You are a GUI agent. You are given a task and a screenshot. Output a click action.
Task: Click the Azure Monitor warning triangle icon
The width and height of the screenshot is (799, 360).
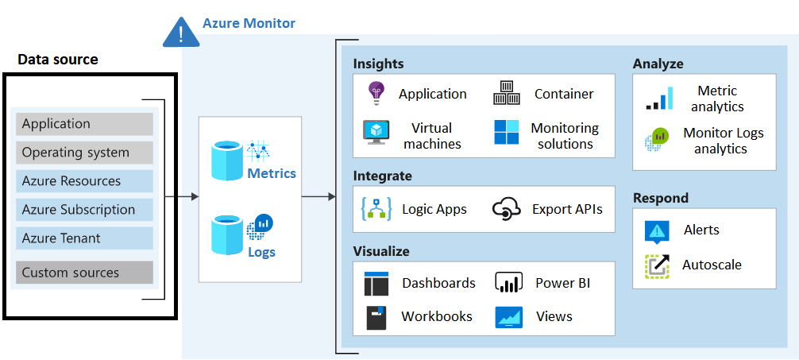(181, 31)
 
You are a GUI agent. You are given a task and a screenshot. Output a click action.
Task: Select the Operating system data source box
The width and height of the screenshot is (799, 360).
(84, 153)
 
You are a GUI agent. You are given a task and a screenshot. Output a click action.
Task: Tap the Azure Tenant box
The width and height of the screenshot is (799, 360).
(84, 238)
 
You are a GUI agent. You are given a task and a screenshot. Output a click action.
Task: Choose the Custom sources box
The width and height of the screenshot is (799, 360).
(84, 273)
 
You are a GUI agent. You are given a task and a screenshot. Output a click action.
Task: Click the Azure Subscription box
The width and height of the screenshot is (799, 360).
(84, 210)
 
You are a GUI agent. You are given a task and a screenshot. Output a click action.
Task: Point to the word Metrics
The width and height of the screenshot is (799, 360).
(272, 173)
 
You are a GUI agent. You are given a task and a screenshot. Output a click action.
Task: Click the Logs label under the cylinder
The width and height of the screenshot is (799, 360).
(261, 252)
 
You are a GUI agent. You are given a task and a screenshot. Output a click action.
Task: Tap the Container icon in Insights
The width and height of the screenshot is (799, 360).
(506, 93)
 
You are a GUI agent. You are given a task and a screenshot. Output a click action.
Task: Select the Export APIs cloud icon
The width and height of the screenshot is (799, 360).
(506, 209)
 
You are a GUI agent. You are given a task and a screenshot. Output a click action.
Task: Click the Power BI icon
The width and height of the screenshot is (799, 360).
(507, 282)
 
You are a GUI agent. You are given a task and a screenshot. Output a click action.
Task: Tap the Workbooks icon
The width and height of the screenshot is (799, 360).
(376, 316)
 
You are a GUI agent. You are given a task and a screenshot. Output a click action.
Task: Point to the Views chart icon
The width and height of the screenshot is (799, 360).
(508, 316)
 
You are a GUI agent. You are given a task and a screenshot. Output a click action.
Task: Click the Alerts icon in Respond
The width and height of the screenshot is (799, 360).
(657, 230)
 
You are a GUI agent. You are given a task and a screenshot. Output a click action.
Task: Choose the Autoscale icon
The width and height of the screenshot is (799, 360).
(657, 265)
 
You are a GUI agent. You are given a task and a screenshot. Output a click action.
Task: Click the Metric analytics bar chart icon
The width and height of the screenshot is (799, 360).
(659, 99)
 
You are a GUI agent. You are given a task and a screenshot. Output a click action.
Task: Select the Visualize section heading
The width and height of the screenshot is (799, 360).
(381, 251)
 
